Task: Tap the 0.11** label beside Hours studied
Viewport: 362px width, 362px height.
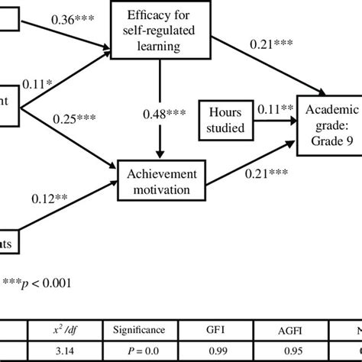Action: point(274,108)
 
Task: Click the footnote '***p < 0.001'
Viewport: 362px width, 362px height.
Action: point(37,283)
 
